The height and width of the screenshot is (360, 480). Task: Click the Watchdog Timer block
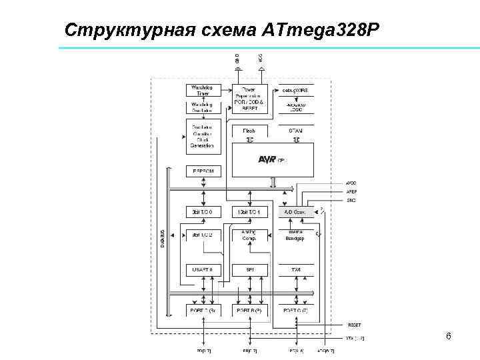(201, 91)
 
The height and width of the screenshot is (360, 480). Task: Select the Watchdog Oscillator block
(201, 107)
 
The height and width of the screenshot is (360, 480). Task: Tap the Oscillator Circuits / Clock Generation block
(201, 136)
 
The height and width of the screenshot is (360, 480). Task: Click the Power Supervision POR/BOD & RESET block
(249, 98)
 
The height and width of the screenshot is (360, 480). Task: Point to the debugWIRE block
(296, 90)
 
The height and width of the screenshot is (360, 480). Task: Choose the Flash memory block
(249, 131)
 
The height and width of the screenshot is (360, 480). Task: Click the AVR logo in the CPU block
(266, 159)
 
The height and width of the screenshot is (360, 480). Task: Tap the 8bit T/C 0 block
(201, 211)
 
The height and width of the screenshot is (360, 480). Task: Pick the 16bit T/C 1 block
(249, 211)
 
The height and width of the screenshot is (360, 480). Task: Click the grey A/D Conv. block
(295, 211)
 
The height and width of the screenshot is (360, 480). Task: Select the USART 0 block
(201, 269)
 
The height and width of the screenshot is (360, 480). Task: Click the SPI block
(249, 269)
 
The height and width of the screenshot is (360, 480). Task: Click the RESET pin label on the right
(353, 325)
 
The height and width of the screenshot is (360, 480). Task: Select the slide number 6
(449, 336)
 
